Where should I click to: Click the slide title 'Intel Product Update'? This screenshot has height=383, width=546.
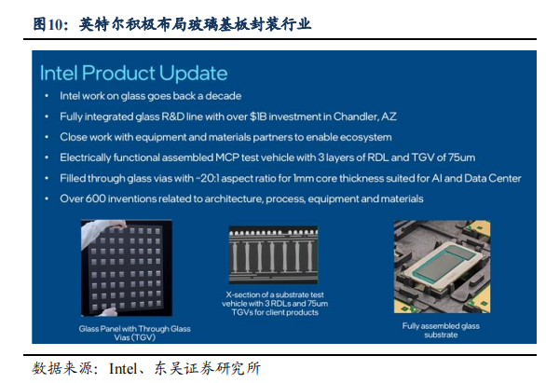pyautogui.click(x=134, y=74)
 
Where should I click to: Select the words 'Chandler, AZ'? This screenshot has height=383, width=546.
pyautogui.click(x=364, y=116)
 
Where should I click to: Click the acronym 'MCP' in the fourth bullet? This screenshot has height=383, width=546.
pyautogui.click(x=227, y=157)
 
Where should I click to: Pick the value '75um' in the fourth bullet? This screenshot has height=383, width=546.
pyautogui.click(x=461, y=157)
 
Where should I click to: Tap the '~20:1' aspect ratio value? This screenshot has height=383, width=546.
pyautogui.click(x=207, y=178)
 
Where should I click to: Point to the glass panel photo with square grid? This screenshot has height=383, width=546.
pyautogui.click(x=127, y=267)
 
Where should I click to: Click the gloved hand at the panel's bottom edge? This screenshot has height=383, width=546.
pyautogui.click(x=108, y=311)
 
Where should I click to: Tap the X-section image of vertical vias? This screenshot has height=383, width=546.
pyautogui.click(x=273, y=254)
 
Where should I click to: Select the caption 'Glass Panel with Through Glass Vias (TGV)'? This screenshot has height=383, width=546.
pyautogui.click(x=134, y=333)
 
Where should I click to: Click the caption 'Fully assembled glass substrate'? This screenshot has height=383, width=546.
pyautogui.click(x=441, y=330)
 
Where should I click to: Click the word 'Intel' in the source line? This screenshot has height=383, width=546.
pyautogui.click(x=123, y=369)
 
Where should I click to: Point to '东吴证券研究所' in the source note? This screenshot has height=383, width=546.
pyautogui.click(x=207, y=369)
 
